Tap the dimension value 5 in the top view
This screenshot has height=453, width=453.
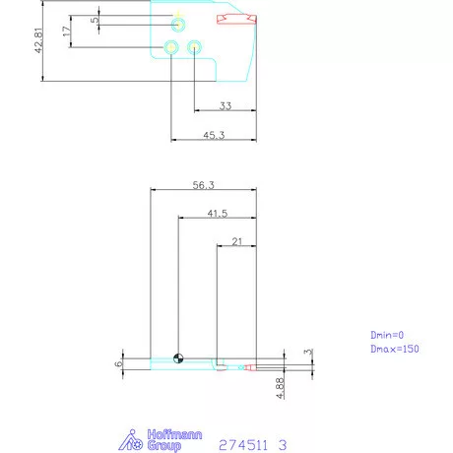(x=95, y=20)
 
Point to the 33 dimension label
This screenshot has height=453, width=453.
(x=225, y=105)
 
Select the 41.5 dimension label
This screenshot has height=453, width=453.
(x=218, y=213)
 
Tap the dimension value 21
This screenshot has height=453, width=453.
(x=236, y=240)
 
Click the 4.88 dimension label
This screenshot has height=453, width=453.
(x=280, y=387)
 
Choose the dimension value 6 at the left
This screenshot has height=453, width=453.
(x=118, y=363)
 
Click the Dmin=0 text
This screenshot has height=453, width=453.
(x=389, y=335)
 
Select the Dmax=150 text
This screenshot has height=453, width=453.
(x=395, y=349)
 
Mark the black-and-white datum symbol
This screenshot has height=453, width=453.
(x=177, y=358)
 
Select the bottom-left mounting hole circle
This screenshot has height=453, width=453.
(x=171, y=46)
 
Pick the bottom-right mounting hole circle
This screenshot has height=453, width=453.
(x=195, y=45)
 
